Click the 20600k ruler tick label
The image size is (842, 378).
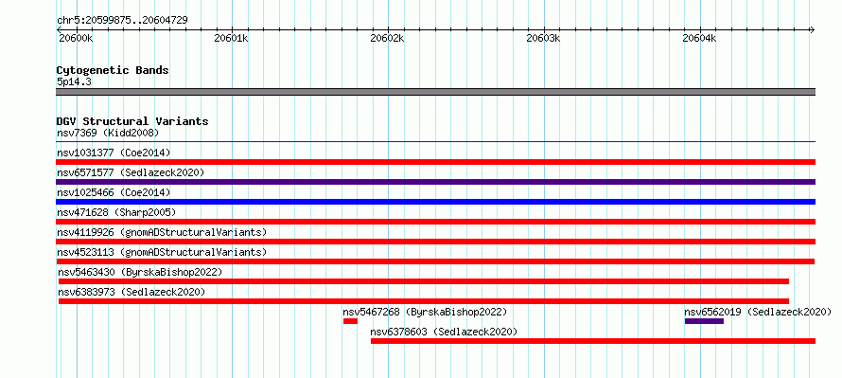point(75,39)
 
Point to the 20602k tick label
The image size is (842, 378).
point(387,39)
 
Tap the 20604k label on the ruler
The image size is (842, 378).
point(699,39)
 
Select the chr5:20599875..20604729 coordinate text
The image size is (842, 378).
point(122,21)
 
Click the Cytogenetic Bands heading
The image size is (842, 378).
point(113,70)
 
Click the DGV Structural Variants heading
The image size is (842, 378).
point(132,121)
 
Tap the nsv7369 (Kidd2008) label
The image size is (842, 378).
point(108,133)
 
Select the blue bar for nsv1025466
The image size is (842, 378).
point(435,202)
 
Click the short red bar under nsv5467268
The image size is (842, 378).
point(350,321)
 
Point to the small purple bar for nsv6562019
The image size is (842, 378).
point(704,321)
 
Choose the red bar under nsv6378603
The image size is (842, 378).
point(593,341)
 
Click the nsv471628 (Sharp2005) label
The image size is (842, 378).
point(116,212)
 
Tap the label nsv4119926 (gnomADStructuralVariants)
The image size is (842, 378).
point(162,232)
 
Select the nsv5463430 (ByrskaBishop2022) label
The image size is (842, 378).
point(140,272)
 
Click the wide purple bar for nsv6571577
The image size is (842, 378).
point(435,182)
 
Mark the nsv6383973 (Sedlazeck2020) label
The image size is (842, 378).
point(132,292)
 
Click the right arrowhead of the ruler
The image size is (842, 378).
point(812,29)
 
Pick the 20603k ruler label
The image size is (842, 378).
point(543,39)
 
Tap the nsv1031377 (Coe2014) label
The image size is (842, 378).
point(114,153)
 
